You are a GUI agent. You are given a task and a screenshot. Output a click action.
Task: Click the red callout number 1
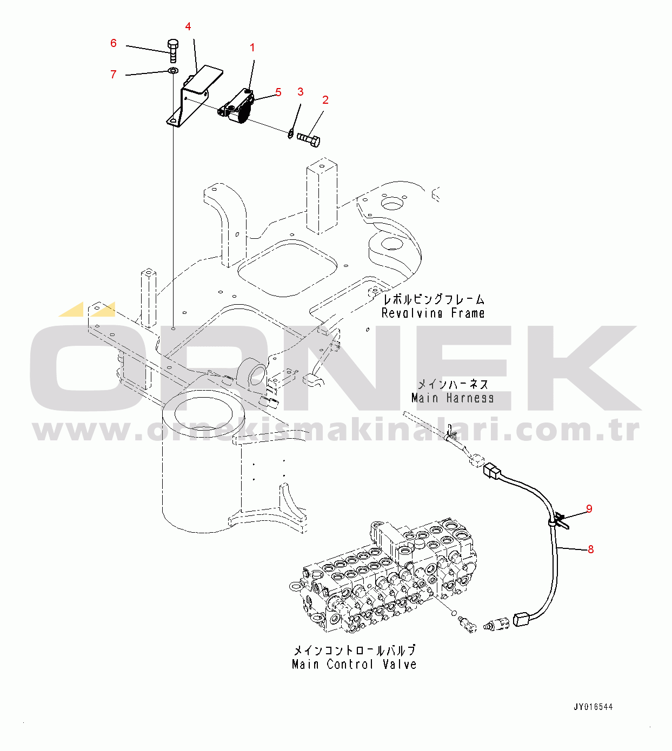coord(252,48)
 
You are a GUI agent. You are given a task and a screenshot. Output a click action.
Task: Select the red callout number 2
coord(325,100)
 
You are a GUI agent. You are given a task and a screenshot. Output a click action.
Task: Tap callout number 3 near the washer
coord(301,92)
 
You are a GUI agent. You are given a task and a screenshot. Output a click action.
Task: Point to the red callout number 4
coord(188,26)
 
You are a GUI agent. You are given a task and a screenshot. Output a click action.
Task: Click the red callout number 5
coord(278,92)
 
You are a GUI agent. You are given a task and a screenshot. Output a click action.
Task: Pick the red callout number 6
coord(114,43)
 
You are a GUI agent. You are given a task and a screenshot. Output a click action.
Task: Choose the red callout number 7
coord(114,75)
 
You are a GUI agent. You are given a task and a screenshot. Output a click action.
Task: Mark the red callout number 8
coord(590,549)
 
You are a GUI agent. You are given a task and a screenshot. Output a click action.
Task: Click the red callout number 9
coord(589,509)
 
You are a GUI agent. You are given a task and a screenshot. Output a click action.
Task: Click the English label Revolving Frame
coord(433,313)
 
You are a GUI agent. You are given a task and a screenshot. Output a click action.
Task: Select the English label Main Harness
coord(453,398)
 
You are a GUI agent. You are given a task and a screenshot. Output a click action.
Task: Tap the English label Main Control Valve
coord(354,665)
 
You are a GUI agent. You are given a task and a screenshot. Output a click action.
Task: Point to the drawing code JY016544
coord(593,707)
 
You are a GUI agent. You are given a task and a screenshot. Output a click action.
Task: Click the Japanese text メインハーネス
coord(453,384)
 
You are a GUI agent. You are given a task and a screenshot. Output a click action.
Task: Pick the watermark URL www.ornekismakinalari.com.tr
coord(335,431)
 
